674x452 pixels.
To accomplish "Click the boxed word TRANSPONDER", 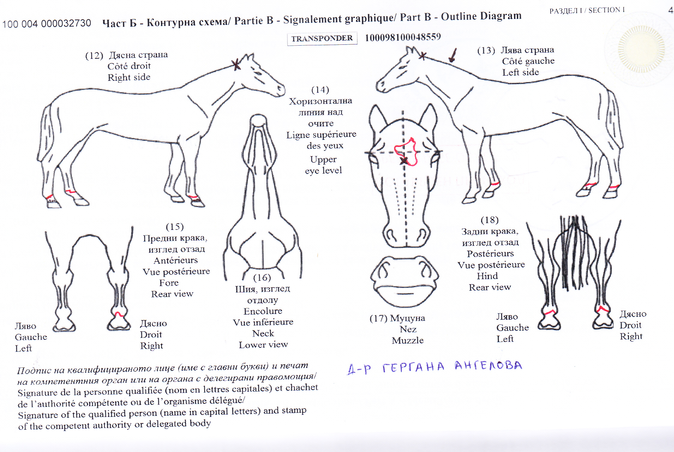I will pyautogui.click(x=322, y=39).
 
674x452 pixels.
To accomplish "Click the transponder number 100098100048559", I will pyautogui.click(x=403, y=37).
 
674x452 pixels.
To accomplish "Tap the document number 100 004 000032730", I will pyautogui.click(x=47, y=23).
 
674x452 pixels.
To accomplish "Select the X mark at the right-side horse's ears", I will pyautogui.click(x=236, y=65).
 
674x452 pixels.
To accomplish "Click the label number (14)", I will pyautogui.click(x=320, y=90).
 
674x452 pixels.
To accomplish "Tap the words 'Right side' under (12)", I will pyautogui.click(x=129, y=77).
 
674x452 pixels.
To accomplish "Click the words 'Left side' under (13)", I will pyautogui.click(x=521, y=72).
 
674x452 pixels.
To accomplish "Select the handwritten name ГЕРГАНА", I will pyautogui.click(x=413, y=367).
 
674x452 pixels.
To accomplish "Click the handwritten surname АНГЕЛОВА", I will pyautogui.click(x=488, y=366).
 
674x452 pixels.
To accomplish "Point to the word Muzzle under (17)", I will pyautogui.click(x=408, y=340).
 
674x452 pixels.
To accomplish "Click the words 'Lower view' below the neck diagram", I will pyautogui.click(x=263, y=345).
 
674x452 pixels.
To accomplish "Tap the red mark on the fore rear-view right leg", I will pyautogui.click(x=119, y=314).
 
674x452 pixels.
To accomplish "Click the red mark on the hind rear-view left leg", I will pyautogui.click(x=549, y=312).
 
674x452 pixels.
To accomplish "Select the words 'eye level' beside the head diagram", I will pyautogui.click(x=323, y=170).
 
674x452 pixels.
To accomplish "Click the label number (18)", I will pyautogui.click(x=489, y=220).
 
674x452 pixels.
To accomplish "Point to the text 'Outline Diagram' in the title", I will pyautogui.click(x=481, y=16).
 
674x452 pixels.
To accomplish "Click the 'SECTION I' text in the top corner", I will pyautogui.click(x=606, y=10).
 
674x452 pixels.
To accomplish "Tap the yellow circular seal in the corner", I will pyautogui.click(x=641, y=49).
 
